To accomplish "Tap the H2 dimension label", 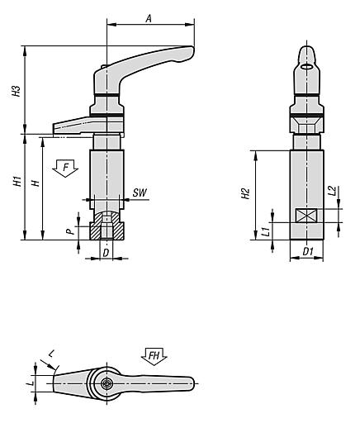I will [245, 195].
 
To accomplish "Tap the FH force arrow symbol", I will [154, 356].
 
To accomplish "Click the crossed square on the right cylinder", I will [306, 216].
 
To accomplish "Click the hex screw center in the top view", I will [107, 383].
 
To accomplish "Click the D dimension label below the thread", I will [106, 250].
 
